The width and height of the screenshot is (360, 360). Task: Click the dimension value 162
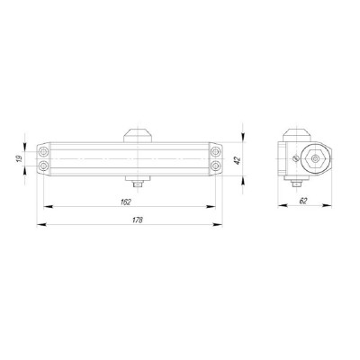126,202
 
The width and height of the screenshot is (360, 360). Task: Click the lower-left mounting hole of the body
45,168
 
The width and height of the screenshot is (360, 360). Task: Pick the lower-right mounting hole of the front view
213,168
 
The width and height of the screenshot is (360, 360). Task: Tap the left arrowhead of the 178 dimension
40,225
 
